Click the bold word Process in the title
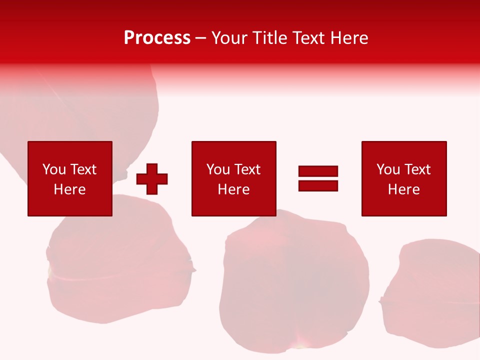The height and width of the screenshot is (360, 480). coord(157,38)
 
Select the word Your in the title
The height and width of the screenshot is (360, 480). coord(229,38)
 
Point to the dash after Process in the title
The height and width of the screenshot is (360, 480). coord(201,38)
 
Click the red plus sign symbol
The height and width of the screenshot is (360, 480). coord(152,179)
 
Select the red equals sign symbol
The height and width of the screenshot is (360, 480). coord(318,178)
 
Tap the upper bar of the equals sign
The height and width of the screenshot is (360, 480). coord(318,171)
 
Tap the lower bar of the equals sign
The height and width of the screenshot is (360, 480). coord(318,185)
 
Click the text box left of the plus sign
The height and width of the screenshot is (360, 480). coord(70,178)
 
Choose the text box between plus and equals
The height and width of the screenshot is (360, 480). coord(233,178)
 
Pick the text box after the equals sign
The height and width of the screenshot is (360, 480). coord(404,178)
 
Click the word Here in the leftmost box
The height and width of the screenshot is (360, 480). coord(69,189)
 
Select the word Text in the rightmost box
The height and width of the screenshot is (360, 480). coord(417,169)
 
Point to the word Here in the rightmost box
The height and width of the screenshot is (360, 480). coord(403,189)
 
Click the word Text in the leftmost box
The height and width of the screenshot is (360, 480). coord(83,169)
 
